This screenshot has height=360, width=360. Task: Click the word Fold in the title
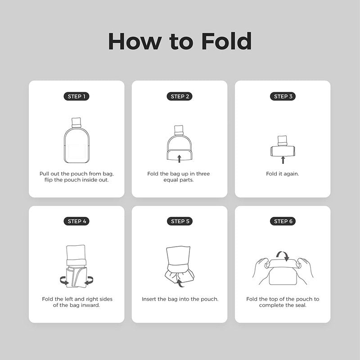point(226,41)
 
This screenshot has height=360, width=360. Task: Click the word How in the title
point(135,41)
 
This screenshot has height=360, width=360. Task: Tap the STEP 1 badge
point(76,96)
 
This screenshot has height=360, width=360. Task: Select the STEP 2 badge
point(180,96)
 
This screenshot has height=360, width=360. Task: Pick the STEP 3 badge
point(283,96)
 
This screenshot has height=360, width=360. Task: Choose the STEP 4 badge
point(76,221)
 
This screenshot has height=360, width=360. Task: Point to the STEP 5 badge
point(180,221)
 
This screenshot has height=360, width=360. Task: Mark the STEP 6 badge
point(283,221)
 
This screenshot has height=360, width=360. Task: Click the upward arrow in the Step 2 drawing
point(179,159)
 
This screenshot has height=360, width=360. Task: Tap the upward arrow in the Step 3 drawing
point(283,160)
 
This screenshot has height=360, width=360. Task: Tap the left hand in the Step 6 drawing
point(262,271)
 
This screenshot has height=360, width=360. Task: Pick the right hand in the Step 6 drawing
point(304,271)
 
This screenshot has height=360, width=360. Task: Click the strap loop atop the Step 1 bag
point(76,122)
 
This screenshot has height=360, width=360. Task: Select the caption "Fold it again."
point(283,174)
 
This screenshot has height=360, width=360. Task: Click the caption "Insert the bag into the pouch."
point(180,299)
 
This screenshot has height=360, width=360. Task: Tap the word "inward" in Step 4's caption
point(90,305)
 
